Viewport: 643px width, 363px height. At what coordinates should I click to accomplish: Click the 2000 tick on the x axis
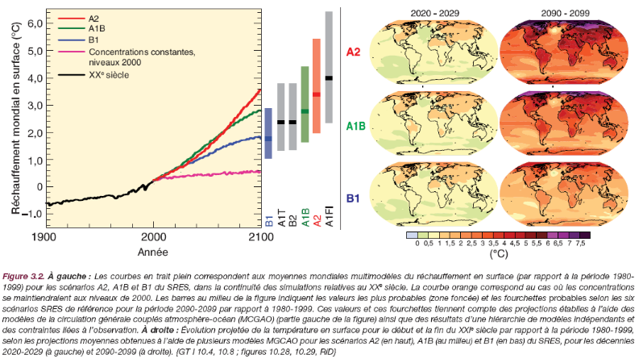click(152, 236)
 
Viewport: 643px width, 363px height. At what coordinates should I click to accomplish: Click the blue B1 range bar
click(268, 133)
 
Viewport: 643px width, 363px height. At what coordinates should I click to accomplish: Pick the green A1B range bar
click(305, 104)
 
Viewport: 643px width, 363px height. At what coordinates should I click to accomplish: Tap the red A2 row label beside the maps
click(353, 53)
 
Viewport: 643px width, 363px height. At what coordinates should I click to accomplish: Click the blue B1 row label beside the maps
click(353, 196)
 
